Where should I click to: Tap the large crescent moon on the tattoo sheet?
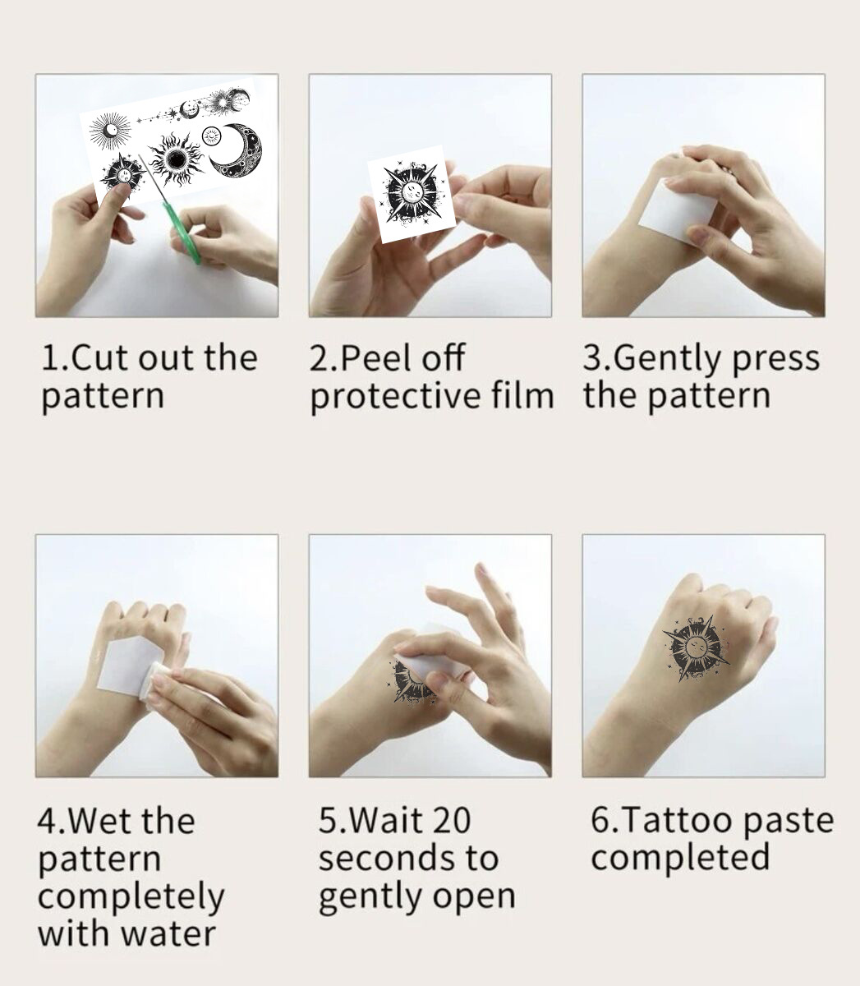(x=238, y=151)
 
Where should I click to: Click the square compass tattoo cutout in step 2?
(x=416, y=196)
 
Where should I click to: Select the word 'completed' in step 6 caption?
(x=680, y=858)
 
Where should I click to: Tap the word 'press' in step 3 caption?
(x=775, y=360)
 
